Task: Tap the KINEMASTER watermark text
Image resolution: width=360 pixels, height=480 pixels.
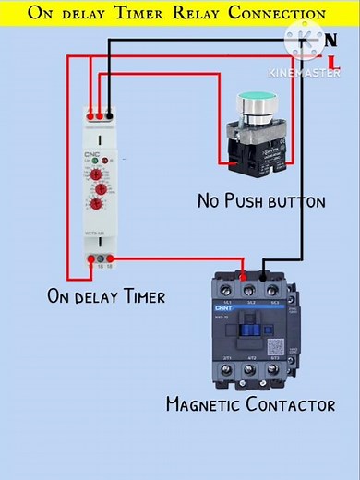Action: [304, 71]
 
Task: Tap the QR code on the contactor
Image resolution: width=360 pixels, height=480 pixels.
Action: [275, 347]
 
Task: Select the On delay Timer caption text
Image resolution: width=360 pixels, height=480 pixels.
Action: [106, 296]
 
